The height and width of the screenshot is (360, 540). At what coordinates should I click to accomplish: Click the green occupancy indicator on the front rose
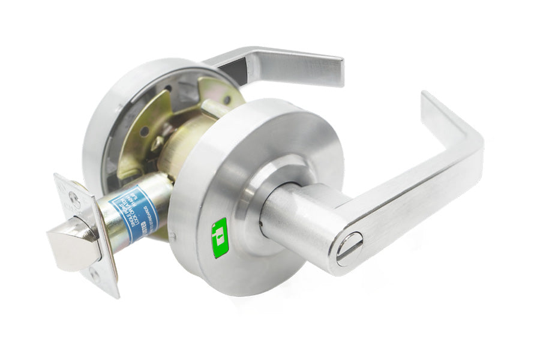click(220, 238)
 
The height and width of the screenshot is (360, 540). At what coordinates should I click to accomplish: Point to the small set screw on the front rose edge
click(172, 236)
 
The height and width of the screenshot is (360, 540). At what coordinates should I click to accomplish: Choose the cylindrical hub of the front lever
click(294, 216)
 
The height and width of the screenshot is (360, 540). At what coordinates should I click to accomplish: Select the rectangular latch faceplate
click(84, 234)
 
